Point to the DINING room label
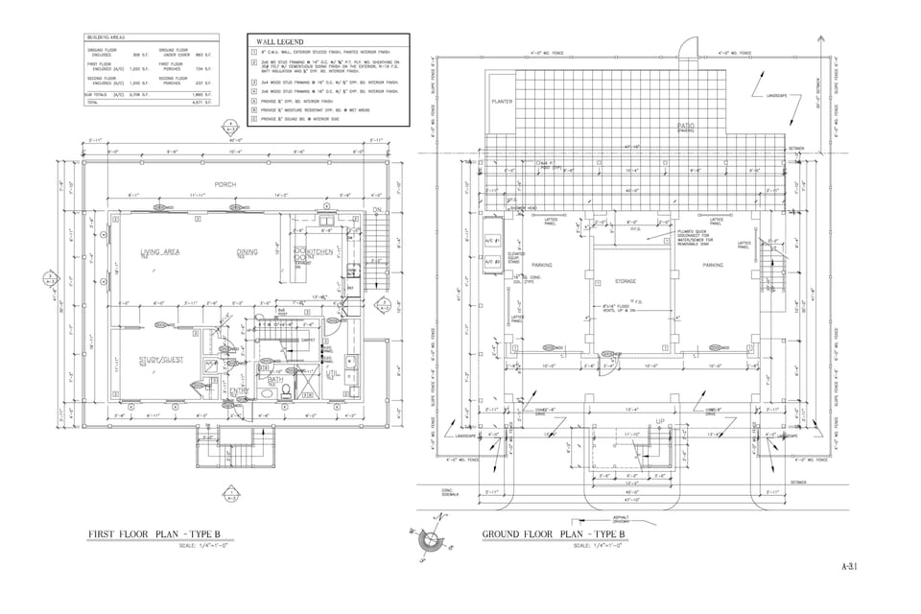pos(248,252)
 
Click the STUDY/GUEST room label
pos(159,360)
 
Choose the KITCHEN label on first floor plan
pos(319,251)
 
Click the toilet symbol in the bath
pos(265,393)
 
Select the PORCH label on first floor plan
pos(224,184)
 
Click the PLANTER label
pos(502,102)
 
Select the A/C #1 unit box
pos(488,240)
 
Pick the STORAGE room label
pos(626,281)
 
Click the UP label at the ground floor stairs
pos(659,421)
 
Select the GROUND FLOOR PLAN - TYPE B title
pos(554,534)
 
